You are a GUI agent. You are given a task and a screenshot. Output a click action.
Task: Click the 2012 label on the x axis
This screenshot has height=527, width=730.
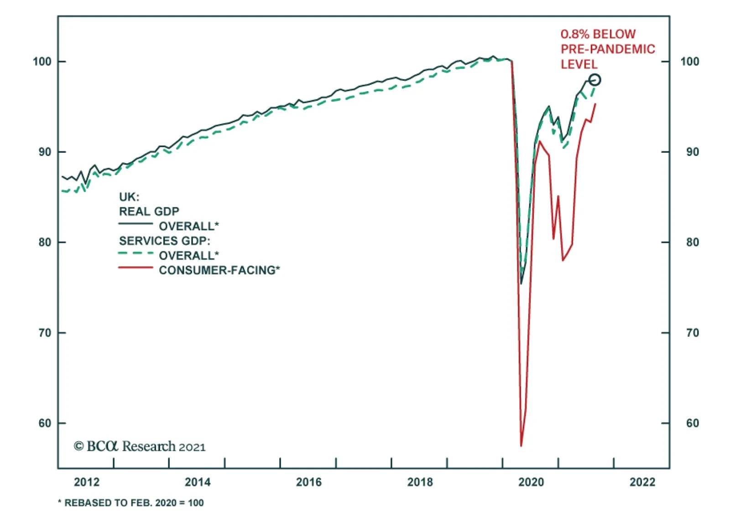pos(86,482)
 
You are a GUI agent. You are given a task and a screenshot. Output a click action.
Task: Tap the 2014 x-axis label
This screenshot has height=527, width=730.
pos(198,482)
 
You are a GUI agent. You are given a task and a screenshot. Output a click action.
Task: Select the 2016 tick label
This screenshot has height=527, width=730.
pos(309,482)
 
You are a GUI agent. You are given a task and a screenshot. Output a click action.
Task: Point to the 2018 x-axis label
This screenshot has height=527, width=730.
pos(420,482)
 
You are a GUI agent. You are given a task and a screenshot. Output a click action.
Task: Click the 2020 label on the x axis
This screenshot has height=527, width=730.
pos(531,482)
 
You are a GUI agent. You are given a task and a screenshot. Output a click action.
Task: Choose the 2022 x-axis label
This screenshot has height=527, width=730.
pos(642,482)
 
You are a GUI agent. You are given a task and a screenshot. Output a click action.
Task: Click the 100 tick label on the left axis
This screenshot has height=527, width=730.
pos(42,62)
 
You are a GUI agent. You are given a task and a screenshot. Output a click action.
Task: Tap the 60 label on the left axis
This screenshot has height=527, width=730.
pos(45,424)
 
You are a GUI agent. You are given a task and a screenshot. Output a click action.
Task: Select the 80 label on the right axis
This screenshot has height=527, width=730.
pos(692,243)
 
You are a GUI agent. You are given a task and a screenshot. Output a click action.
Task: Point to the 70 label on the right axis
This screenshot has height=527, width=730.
pos(692,333)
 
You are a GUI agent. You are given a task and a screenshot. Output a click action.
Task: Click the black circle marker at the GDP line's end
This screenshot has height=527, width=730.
pos(594,80)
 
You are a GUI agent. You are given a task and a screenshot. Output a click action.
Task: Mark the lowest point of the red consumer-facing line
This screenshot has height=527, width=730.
pos(521,445)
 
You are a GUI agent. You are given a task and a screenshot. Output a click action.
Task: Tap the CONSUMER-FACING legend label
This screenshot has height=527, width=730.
pos(219,270)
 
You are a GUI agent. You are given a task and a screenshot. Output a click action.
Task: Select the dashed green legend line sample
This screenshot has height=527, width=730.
pos(136,253)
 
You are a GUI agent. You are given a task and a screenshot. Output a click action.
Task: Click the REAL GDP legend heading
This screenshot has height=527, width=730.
pos(149,212)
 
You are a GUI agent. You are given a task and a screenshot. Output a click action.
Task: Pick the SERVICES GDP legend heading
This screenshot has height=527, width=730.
pos(165,241)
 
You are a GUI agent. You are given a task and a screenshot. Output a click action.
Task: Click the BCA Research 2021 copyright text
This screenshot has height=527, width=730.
pos(140,446)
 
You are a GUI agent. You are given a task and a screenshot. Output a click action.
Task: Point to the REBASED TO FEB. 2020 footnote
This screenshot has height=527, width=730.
pos(131,503)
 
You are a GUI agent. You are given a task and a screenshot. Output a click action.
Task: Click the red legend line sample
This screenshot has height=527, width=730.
pos(136,268)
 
